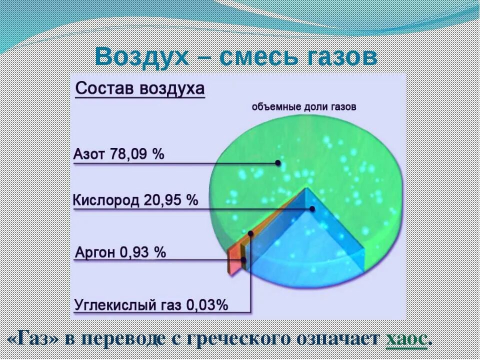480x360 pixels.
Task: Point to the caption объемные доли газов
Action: [x=304, y=107]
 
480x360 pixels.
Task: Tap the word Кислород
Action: [x=106, y=200]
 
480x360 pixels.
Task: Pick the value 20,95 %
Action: [x=171, y=200]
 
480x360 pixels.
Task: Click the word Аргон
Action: [x=95, y=252]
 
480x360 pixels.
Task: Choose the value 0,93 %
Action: [x=142, y=252]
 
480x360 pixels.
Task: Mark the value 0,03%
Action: [x=207, y=304]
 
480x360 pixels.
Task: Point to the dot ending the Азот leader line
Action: [x=277, y=162]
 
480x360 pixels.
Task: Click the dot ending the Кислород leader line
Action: [x=312, y=209]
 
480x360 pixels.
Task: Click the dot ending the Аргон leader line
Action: [x=244, y=259]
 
